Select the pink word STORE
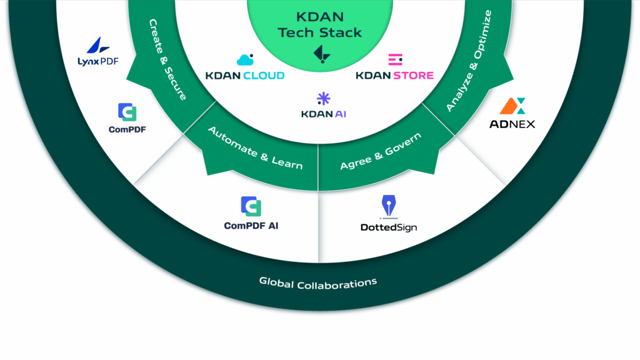coord(413,76)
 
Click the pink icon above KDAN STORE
coord(395,60)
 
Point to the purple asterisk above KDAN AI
coord(323,98)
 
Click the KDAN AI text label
coord(323,114)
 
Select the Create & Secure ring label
coord(168,59)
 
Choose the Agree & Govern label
coord(381,151)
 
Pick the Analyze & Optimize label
coord(469,61)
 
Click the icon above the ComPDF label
coord(127,112)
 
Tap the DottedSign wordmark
coord(388,227)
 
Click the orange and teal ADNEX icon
coord(512,106)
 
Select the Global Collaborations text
coord(318,283)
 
